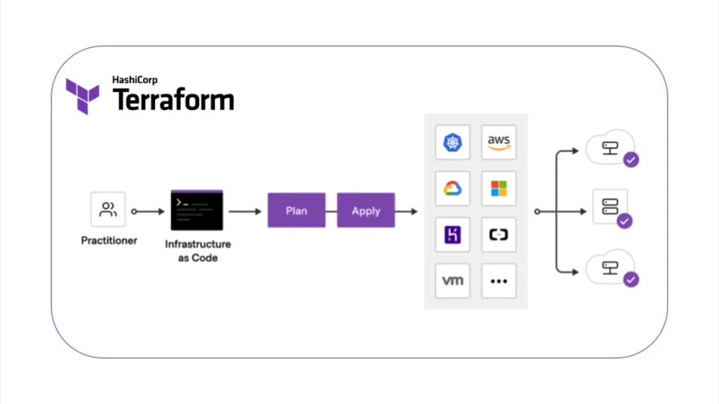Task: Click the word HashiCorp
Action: [135, 80]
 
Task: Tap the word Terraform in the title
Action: [173, 100]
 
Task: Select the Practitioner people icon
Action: [108, 210]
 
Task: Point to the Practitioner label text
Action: [109, 241]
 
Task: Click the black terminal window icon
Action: [197, 210]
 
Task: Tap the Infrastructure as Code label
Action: [198, 251]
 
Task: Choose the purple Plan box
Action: [296, 211]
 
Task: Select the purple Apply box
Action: [365, 211]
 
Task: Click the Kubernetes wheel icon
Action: [452, 142]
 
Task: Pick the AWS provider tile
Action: [499, 142]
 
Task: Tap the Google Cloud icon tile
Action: [452, 189]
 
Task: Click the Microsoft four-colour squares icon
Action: [499, 189]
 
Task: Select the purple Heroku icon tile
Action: [452, 235]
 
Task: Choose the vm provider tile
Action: [452, 281]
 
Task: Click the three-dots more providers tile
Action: [499, 281]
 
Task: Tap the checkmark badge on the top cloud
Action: [631, 159]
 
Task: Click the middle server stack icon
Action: [610, 206]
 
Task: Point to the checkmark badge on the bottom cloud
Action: [631, 279]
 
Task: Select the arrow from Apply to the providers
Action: [407, 212]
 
